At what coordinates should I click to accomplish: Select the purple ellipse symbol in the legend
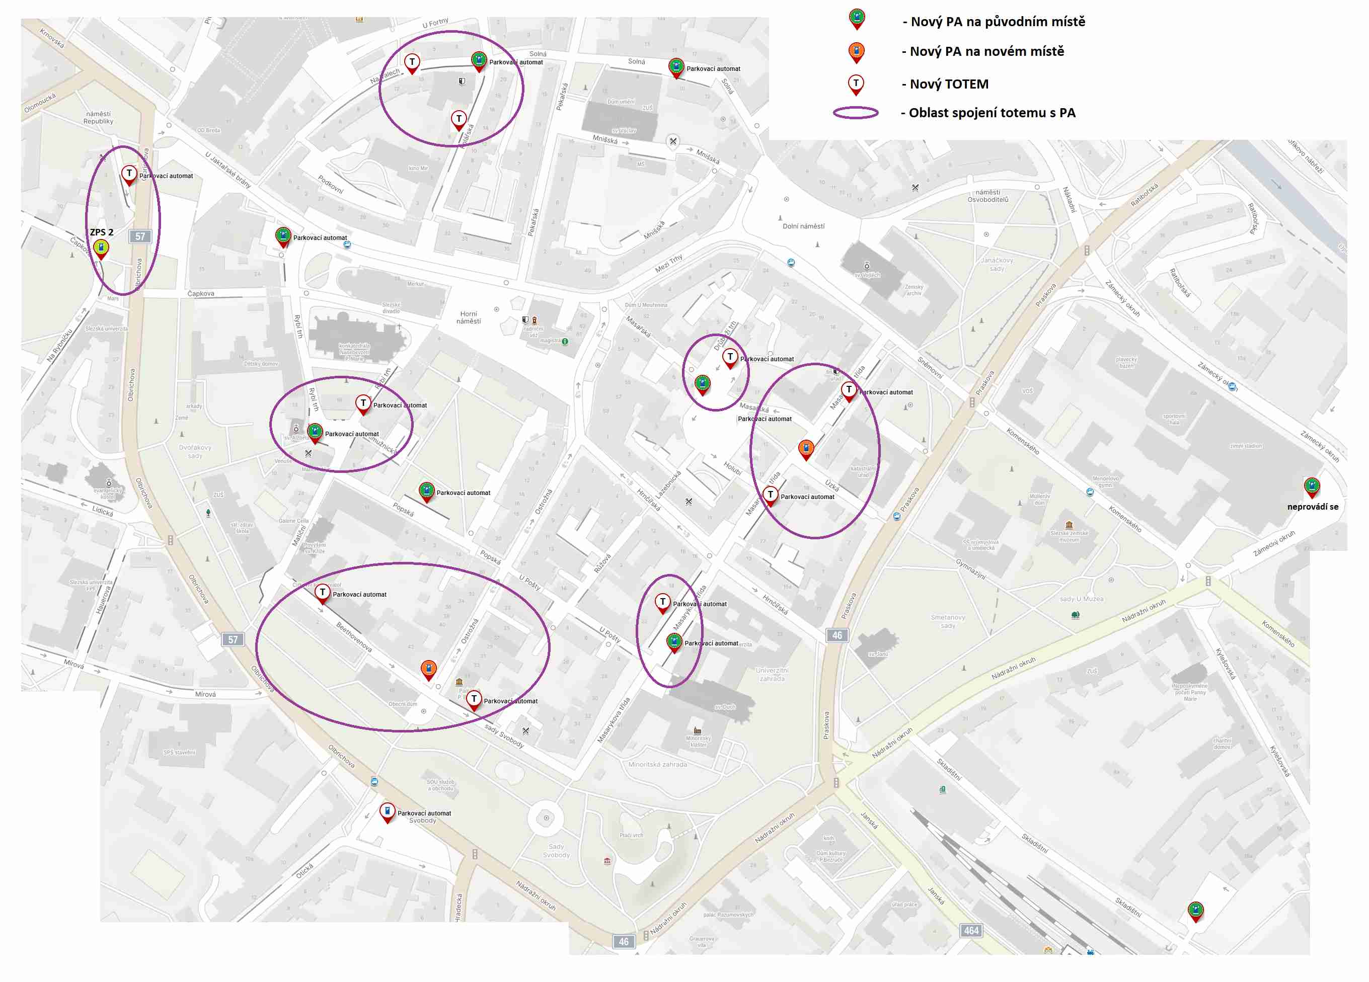(x=855, y=113)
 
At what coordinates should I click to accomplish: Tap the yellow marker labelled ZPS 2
(x=101, y=249)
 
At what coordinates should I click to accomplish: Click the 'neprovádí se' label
(x=1312, y=507)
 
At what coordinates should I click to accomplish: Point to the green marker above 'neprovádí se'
(x=1311, y=486)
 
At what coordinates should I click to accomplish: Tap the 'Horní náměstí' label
(x=469, y=317)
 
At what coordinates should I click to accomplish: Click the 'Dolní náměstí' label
(x=803, y=226)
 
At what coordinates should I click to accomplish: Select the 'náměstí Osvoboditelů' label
(x=987, y=196)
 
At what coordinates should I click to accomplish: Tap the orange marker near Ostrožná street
(x=428, y=670)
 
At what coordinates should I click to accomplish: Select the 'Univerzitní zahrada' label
(x=772, y=675)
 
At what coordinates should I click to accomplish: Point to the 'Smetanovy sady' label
(x=948, y=621)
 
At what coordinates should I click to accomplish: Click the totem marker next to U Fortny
(x=412, y=63)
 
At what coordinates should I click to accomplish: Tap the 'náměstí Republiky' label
(x=98, y=118)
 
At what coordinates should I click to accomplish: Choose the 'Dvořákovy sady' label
(x=195, y=452)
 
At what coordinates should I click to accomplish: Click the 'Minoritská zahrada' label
(x=657, y=764)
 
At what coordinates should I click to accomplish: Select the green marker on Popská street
(x=427, y=492)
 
